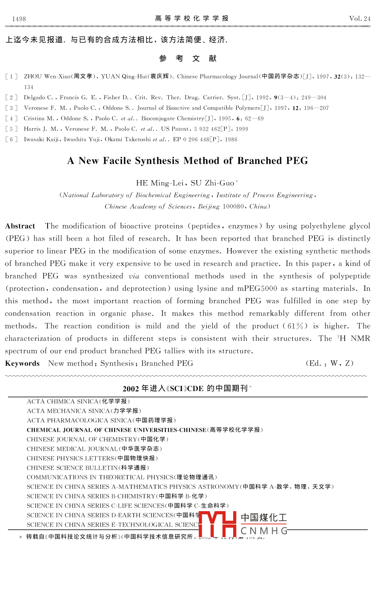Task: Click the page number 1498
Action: [19, 19]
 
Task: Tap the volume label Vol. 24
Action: [360, 19]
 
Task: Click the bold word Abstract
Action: [20, 226]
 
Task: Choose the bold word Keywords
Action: [22, 363]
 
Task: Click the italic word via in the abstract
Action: [134, 276]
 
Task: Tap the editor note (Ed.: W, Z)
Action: [329, 363]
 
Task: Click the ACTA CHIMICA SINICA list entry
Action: [78, 402]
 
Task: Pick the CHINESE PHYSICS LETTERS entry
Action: [92, 459]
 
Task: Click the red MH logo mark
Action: [218, 524]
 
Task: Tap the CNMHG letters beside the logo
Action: [264, 531]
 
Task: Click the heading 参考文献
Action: [188, 59]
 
